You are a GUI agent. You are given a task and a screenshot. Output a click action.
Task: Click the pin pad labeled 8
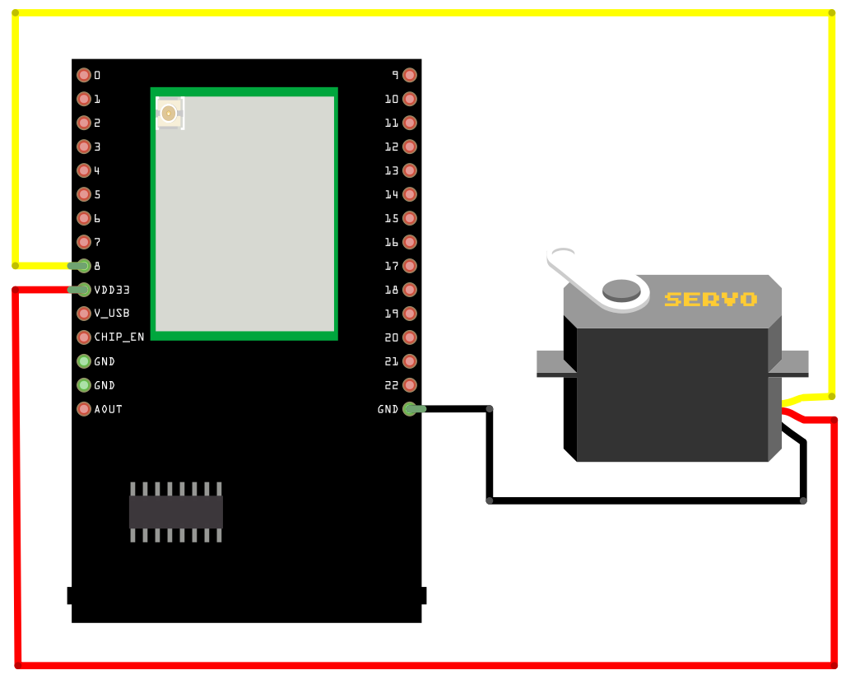[x=84, y=266]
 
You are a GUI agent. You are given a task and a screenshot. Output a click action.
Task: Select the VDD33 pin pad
[x=84, y=290]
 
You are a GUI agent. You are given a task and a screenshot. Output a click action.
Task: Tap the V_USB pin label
[x=112, y=314]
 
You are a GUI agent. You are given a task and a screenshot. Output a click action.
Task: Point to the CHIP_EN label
[x=119, y=337]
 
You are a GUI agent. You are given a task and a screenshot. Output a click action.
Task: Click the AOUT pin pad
[x=84, y=409]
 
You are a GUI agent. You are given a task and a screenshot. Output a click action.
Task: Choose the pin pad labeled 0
[x=84, y=75]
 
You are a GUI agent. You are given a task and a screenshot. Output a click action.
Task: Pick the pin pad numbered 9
[x=410, y=75]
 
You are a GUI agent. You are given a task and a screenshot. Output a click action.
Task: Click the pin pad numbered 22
[x=410, y=385]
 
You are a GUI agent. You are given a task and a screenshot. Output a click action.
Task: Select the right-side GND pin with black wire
[x=410, y=409]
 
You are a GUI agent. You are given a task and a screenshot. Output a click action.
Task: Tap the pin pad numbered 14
[x=410, y=194]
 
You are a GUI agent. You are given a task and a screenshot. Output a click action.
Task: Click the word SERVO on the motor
[x=710, y=300]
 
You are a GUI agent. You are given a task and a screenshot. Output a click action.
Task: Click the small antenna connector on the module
[x=169, y=114]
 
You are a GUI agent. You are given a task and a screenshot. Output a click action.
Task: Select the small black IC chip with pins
[x=176, y=512]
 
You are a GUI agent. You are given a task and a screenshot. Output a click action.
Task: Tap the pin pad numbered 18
[x=410, y=290]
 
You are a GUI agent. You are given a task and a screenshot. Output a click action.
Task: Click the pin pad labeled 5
[x=84, y=194]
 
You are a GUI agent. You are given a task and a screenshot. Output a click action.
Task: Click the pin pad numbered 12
[x=410, y=147]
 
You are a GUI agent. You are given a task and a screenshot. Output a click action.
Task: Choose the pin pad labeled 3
[x=84, y=147]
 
